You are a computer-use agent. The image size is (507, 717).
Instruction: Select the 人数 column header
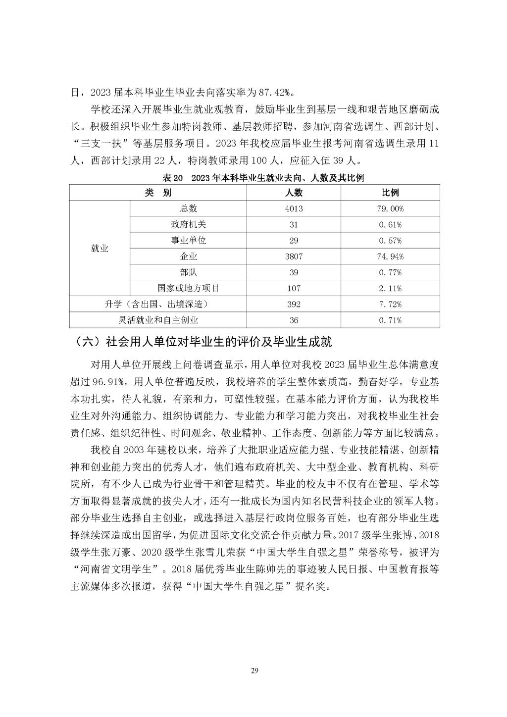[x=294, y=193]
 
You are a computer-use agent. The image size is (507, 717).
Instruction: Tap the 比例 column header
[x=390, y=193]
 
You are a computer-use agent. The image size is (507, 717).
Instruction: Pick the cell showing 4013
[x=294, y=208]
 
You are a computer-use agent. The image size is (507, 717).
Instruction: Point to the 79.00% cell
[x=390, y=208]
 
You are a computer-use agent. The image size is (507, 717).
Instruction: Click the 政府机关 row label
[x=188, y=224]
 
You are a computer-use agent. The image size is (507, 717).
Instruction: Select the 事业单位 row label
[x=188, y=240]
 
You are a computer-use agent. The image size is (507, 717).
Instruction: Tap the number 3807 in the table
[x=294, y=256]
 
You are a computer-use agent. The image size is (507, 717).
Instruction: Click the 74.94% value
[x=390, y=256]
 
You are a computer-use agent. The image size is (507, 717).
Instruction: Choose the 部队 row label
[x=188, y=272]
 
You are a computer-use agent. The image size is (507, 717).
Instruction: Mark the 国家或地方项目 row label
[x=188, y=288]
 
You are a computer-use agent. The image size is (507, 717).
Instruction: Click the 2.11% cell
[x=390, y=288]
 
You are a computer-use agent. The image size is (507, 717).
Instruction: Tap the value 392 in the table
[x=294, y=304]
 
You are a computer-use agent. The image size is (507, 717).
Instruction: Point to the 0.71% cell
[x=390, y=320]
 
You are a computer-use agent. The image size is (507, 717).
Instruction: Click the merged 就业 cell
[x=100, y=248]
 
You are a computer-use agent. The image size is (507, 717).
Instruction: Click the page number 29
[x=254, y=671]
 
